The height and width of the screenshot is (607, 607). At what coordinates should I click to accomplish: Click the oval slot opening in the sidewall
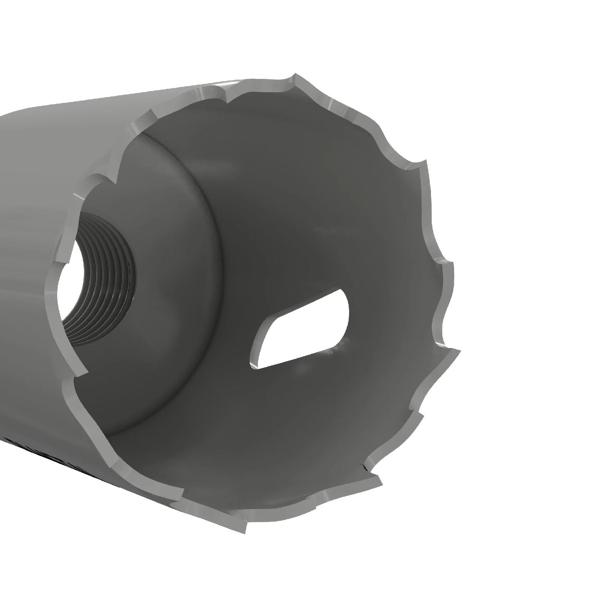[x=300, y=330]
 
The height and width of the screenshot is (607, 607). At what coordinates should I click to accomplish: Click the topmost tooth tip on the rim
[x=294, y=76]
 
